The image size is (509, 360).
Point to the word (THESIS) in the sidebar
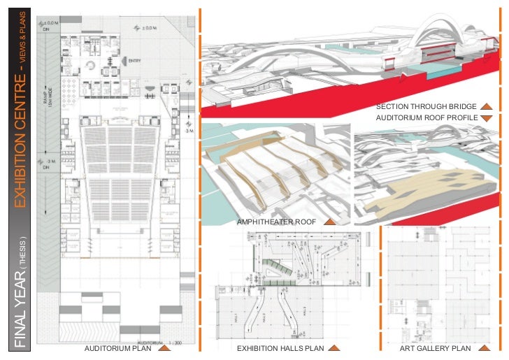pyautogui.click(x=22, y=247)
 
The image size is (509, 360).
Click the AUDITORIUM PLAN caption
pyautogui.click(x=117, y=348)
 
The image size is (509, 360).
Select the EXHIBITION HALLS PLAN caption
pyautogui.click(x=280, y=348)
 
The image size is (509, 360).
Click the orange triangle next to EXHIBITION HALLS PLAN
pyautogui.click(x=334, y=347)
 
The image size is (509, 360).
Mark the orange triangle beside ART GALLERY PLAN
pyautogui.click(x=483, y=347)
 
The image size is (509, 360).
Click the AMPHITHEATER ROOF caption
pyautogui.click(x=278, y=222)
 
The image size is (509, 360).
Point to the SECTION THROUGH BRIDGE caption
pyautogui.click(x=426, y=107)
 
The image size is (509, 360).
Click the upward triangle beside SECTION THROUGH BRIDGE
pyautogui.click(x=487, y=107)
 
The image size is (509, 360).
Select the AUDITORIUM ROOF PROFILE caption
pyautogui.click(x=426, y=118)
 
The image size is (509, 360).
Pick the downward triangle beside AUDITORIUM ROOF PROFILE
pyautogui.click(x=487, y=119)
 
